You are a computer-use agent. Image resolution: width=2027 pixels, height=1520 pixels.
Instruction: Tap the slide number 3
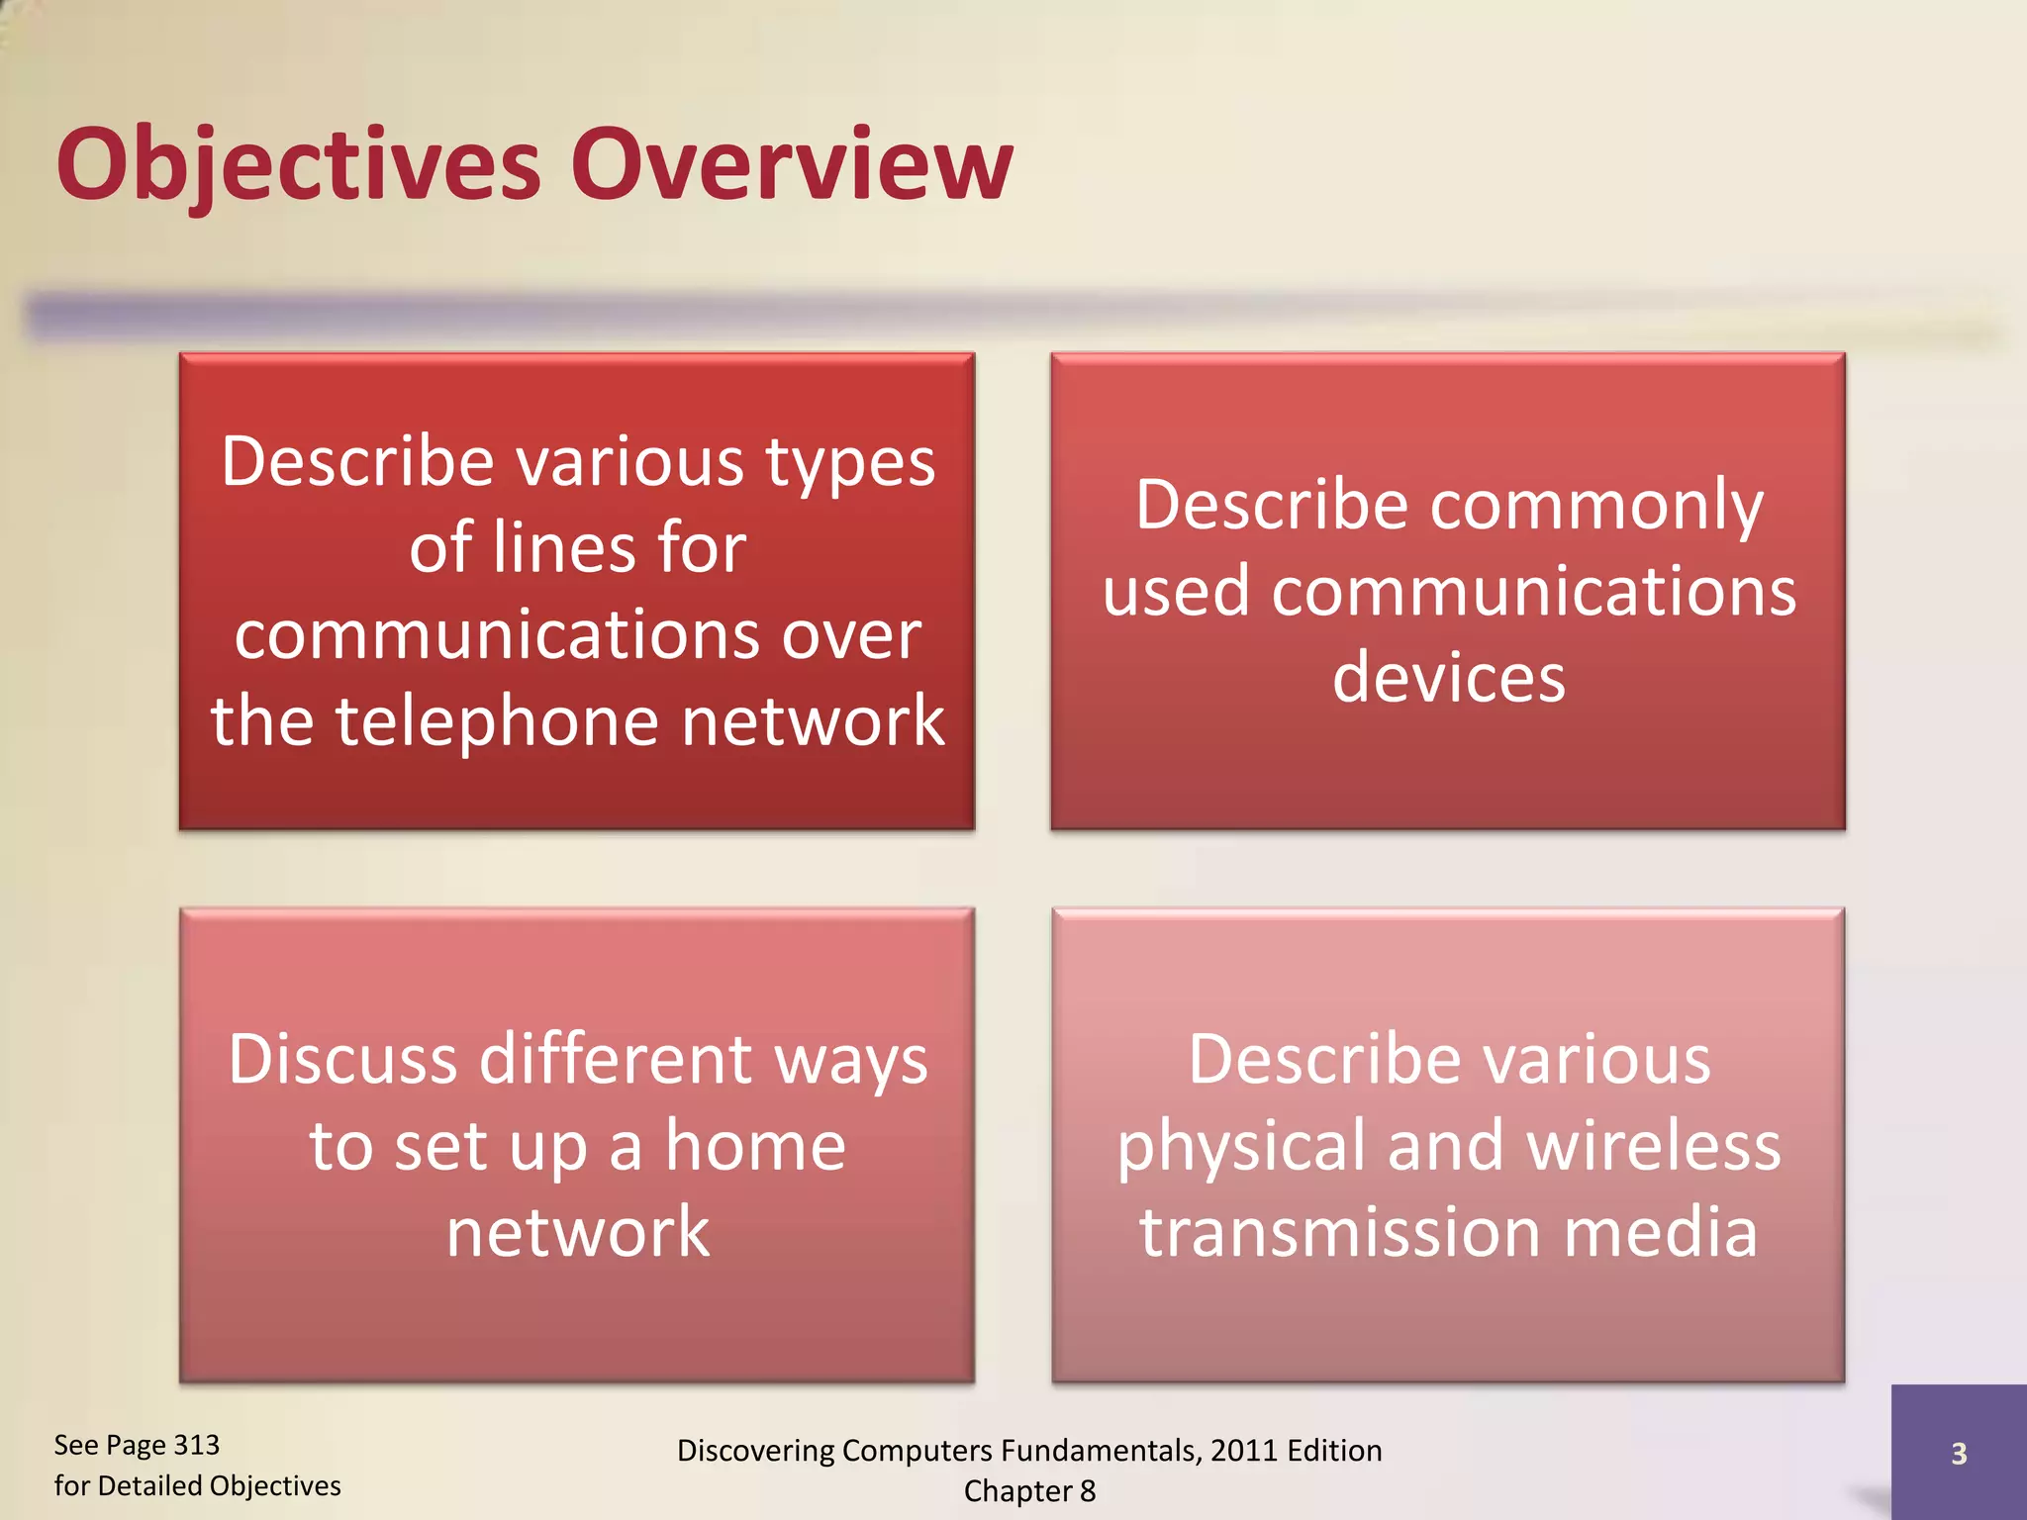pos(1958,1454)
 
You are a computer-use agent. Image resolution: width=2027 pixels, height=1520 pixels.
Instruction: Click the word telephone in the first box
pos(496,722)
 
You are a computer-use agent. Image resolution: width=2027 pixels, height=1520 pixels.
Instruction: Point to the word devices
pos(1448,679)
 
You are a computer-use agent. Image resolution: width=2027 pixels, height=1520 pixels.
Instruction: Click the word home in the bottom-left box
pos(754,1146)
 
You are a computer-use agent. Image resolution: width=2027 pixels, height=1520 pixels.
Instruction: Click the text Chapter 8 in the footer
pos(1029,1491)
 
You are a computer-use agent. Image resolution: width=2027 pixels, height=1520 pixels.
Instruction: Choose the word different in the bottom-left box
pos(618,1060)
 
